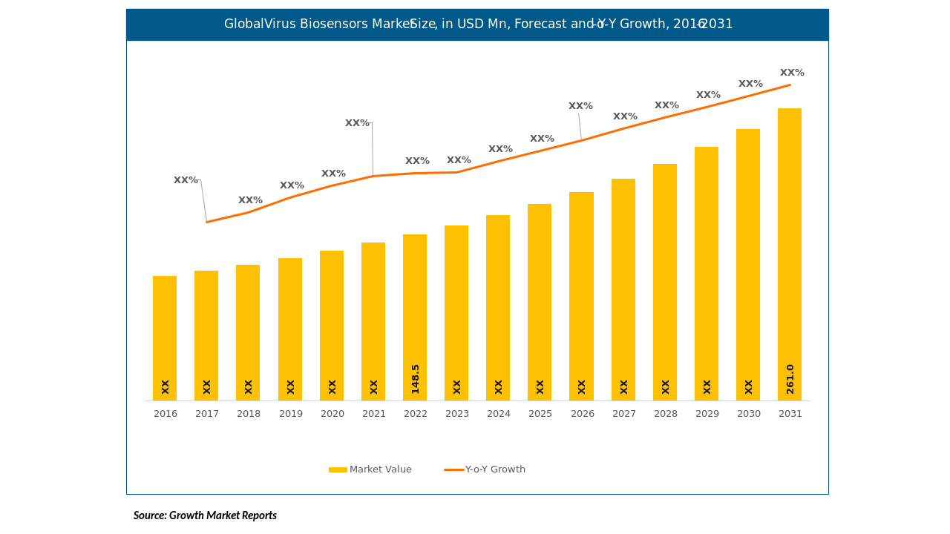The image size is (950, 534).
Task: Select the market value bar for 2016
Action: coord(165,334)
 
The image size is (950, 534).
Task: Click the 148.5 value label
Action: coord(416,378)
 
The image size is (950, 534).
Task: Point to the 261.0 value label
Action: coord(790,378)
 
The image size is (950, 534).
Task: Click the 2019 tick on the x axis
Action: coord(291,414)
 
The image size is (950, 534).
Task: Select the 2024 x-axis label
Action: coord(499,414)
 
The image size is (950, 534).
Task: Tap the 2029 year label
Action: coord(707,414)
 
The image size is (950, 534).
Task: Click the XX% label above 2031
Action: coord(792,73)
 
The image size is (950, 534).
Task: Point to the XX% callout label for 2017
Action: coord(186,180)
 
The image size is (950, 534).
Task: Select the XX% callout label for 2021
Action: coord(357,123)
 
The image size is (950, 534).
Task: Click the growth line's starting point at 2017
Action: coord(206,222)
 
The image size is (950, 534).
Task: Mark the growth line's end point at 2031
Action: coord(790,85)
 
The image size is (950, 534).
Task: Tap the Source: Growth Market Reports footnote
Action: coord(205,515)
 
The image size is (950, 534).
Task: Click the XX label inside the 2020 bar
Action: coord(332,386)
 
